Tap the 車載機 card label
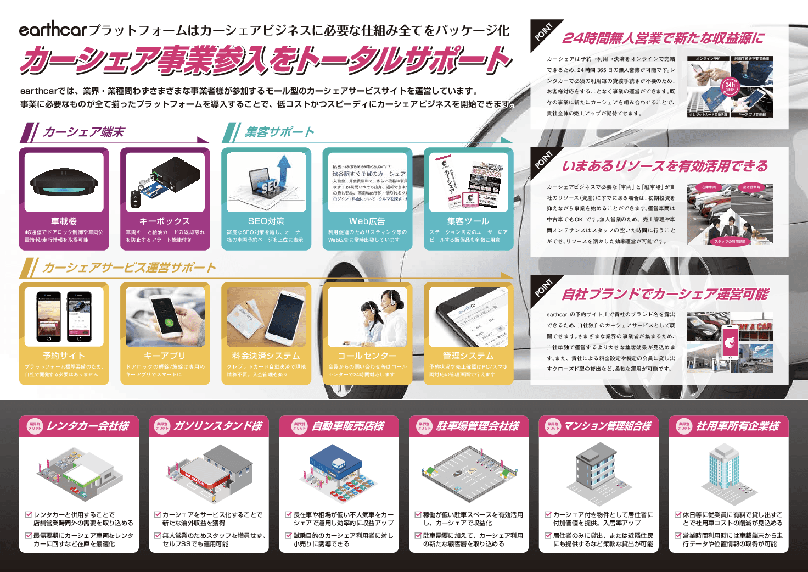click(x=64, y=221)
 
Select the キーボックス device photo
click(x=165, y=182)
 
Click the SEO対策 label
click(x=266, y=221)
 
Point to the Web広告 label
click(x=367, y=221)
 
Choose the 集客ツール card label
click(x=468, y=221)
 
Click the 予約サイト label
click(x=64, y=356)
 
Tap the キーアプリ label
click(x=165, y=356)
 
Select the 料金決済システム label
click(x=266, y=356)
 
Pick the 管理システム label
click(x=468, y=356)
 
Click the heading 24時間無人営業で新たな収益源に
click(x=663, y=38)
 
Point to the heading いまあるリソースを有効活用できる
click(x=664, y=166)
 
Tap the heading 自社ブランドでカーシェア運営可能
click(x=665, y=295)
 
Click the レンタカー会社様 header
click(x=88, y=426)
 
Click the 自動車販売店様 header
click(x=348, y=426)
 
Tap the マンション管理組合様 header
click(x=608, y=426)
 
